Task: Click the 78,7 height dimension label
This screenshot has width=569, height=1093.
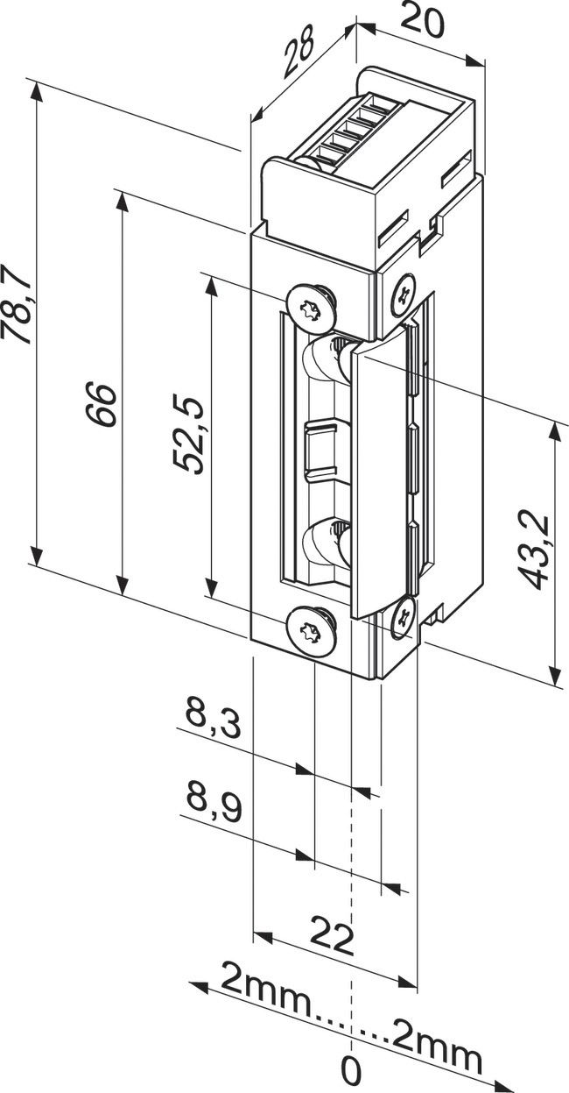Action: coord(19,309)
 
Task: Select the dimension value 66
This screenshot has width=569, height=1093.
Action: coord(103,404)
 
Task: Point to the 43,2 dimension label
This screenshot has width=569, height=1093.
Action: coord(533,551)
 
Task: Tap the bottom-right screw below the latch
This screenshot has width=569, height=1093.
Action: coord(404,615)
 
